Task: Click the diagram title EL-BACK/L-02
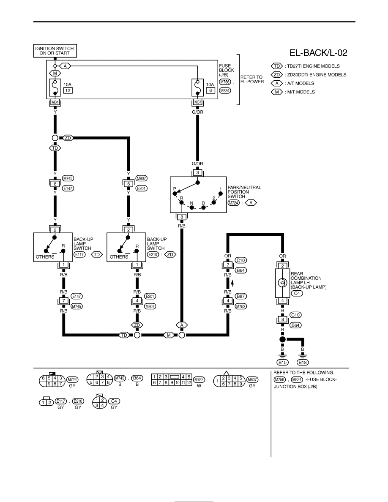tap(318, 53)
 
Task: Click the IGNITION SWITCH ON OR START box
tap(55, 51)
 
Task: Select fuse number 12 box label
tap(68, 90)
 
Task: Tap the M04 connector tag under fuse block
tap(55, 102)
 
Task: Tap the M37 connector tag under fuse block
tap(198, 102)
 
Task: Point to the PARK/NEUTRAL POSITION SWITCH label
tap(244, 192)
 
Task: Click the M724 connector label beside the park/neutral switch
tap(234, 203)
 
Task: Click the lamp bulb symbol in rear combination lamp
tap(282, 283)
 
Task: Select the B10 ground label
tap(282, 363)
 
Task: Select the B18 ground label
tap(303, 363)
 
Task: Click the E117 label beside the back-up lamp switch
tap(80, 254)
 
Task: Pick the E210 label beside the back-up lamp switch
tap(153, 254)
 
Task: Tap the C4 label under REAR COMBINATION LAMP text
tap(297, 293)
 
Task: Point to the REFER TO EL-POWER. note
tap(253, 79)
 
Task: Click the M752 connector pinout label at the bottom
tap(199, 380)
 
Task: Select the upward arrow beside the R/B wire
tap(232, 282)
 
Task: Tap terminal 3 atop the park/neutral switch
tap(197, 172)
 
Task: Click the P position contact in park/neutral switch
tap(175, 194)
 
